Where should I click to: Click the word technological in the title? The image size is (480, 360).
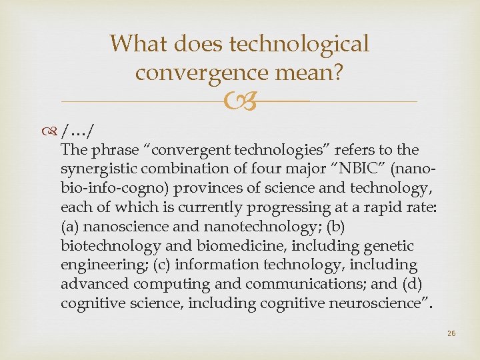(x=299, y=44)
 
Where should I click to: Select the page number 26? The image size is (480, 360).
(x=451, y=333)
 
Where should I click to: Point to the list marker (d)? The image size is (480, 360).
(x=419, y=285)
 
